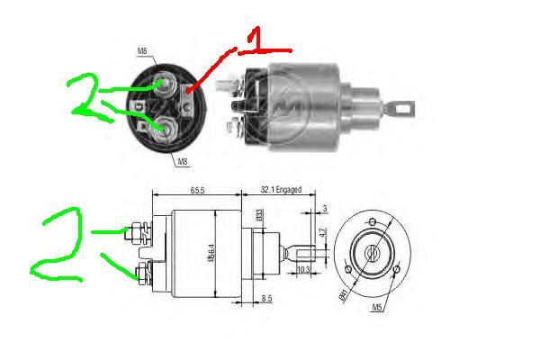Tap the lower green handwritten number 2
point(58,243)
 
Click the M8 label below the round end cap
point(182,162)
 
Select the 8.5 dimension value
point(268,298)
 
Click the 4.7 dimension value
point(322,237)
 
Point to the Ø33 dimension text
point(258,216)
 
